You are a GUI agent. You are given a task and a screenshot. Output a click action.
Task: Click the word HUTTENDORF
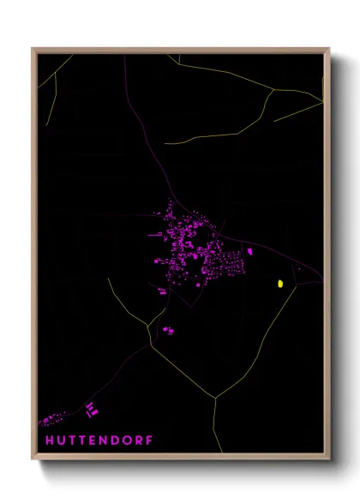click(100, 440)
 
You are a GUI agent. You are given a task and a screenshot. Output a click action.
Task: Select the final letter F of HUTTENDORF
click(151, 440)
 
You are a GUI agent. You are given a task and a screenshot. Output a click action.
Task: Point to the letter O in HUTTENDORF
click(129, 440)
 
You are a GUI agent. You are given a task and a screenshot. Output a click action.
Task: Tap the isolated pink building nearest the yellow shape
click(249, 252)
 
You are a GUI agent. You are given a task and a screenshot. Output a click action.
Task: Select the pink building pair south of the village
click(168, 329)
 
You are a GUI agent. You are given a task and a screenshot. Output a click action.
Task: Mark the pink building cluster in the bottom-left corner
click(51, 420)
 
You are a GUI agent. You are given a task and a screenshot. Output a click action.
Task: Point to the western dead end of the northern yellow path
click(165, 143)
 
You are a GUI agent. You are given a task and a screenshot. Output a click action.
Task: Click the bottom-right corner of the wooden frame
click(329, 459)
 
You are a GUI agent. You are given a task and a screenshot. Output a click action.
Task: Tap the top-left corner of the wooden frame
click(33, 49)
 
